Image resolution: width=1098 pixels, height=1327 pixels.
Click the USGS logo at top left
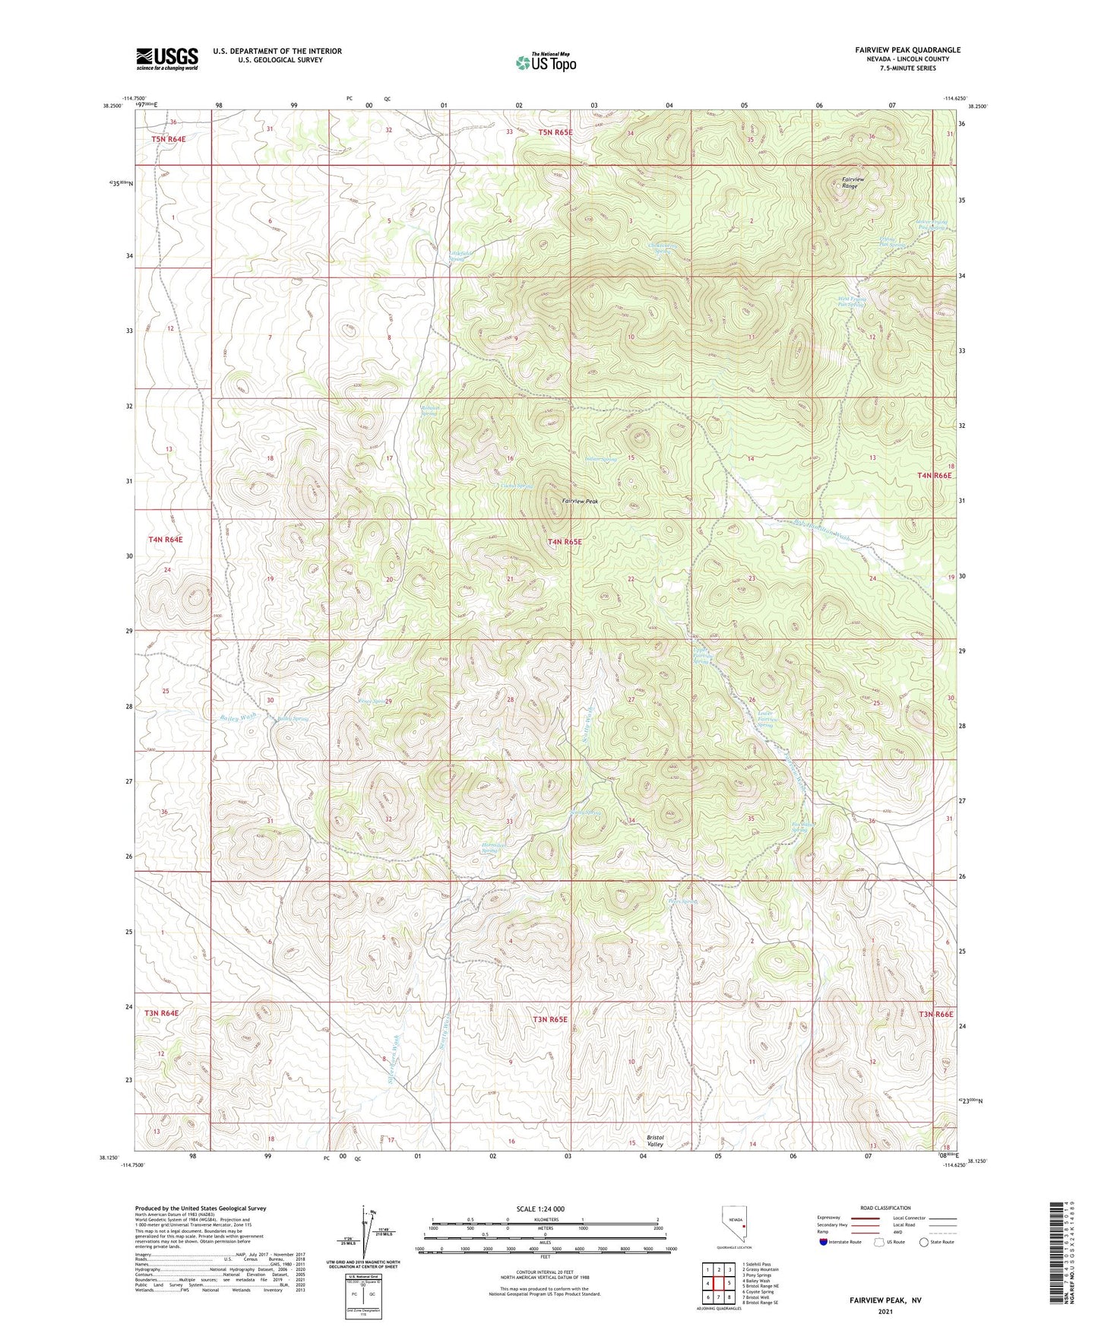tap(167, 59)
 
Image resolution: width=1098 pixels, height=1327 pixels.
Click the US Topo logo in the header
tap(545, 62)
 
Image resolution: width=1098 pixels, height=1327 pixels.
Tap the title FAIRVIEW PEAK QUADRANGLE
tap(907, 50)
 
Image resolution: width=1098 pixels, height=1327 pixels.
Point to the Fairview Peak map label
tap(581, 502)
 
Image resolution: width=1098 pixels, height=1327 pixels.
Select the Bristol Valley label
tap(655, 1141)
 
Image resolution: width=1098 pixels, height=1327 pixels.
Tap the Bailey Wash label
tap(239, 717)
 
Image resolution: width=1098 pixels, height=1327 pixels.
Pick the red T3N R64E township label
tap(162, 1013)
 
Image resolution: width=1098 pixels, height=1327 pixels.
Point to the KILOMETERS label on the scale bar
tap(545, 1219)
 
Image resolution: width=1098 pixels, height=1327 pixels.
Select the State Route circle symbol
tap(924, 1242)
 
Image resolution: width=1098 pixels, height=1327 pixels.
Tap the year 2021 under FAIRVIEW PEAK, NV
tap(884, 1313)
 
